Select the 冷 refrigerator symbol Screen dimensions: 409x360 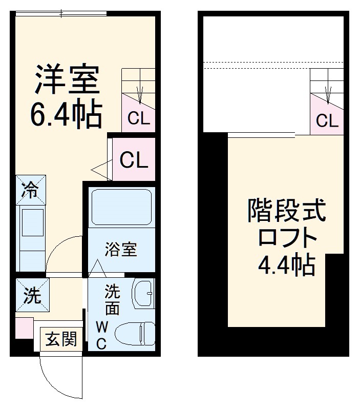point(31,190)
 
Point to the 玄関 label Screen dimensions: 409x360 point(61,339)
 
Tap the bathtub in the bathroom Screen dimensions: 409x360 point(121,208)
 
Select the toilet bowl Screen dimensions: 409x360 point(135,334)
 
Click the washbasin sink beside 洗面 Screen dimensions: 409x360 point(143,294)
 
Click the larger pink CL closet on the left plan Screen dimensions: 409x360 point(134,160)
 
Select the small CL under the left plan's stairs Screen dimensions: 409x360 point(139,119)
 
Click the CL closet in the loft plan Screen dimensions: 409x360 point(327,121)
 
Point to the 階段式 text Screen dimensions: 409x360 point(286,210)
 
